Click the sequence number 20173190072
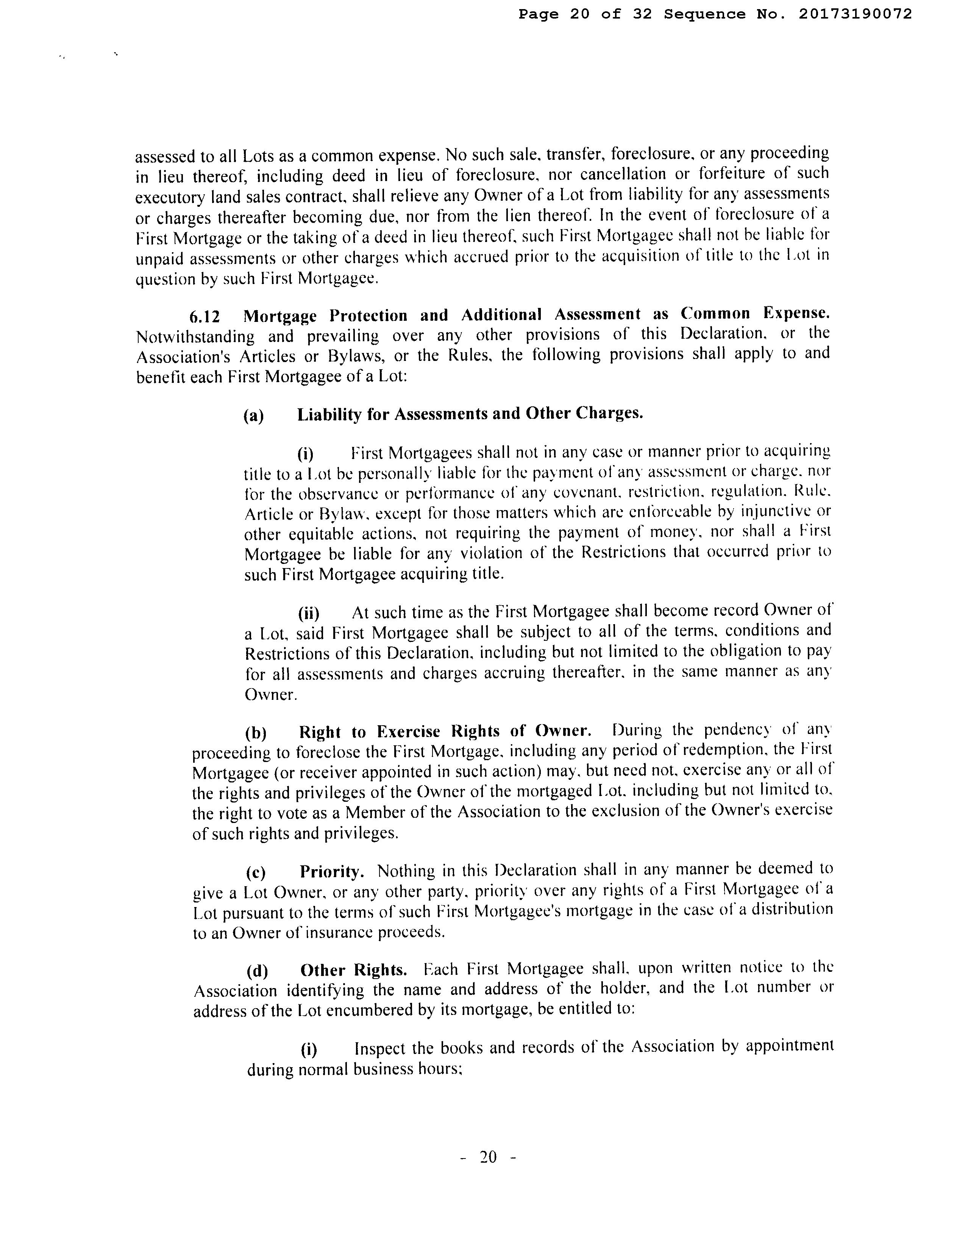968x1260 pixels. coord(855,14)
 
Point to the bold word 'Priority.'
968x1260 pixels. coord(332,871)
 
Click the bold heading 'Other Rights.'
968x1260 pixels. coord(354,970)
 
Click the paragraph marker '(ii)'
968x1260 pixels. coord(308,613)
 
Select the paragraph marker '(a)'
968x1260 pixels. coord(253,415)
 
